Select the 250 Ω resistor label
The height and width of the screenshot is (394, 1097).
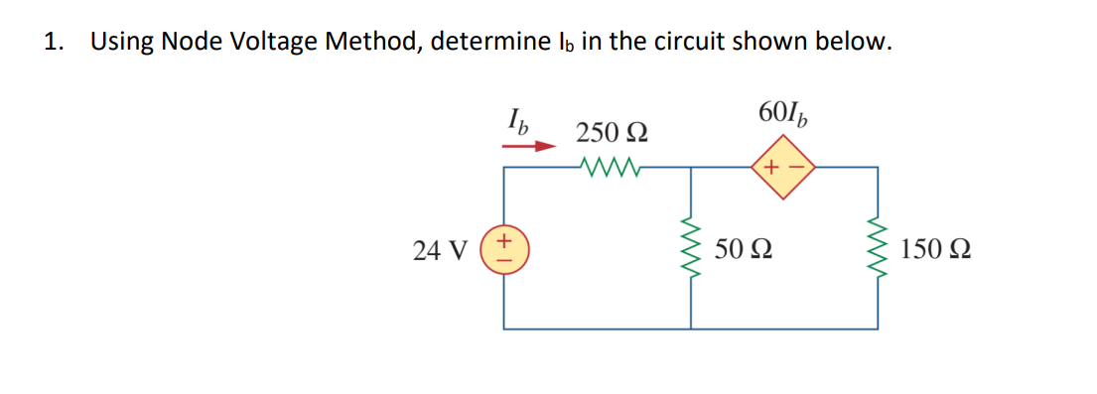coord(613,132)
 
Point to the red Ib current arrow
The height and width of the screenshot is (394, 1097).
coord(527,145)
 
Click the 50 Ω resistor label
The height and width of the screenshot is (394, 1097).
coord(744,249)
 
